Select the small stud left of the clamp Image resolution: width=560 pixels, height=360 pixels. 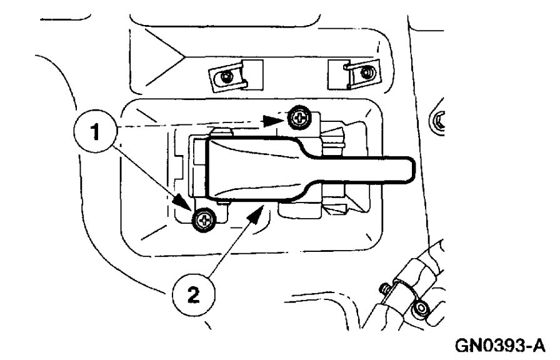pyautogui.click(x=382, y=289)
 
